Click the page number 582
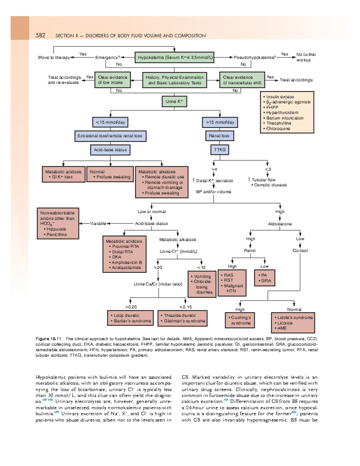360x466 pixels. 40,35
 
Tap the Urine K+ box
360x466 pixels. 174,101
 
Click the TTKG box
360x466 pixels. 220,150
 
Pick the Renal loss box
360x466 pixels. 219,136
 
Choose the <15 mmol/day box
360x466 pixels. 110,122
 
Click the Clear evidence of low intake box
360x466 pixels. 112,80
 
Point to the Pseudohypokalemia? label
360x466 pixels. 255,57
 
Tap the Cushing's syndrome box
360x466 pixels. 241,320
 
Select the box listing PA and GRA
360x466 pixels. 264,278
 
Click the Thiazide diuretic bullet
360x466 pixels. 180,315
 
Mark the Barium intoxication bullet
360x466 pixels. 285,118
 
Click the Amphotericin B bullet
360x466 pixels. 127,262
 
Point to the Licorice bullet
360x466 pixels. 285,323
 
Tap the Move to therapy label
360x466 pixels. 54,57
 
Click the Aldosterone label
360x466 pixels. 280,224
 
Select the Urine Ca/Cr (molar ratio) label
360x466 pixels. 158,284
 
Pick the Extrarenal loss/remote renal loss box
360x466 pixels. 110,136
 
